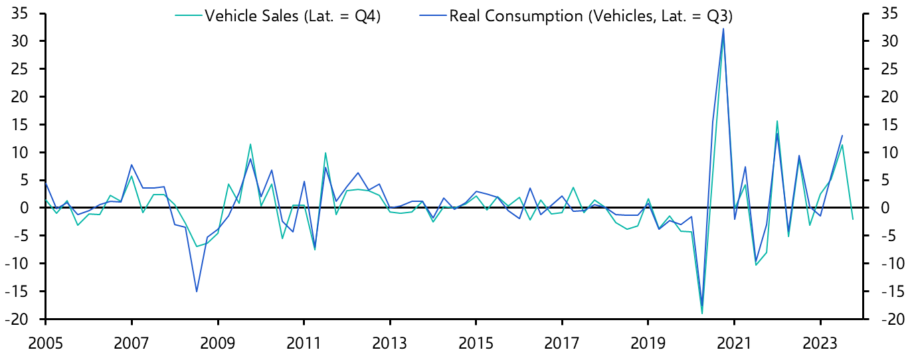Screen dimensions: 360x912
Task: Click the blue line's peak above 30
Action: pos(723,29)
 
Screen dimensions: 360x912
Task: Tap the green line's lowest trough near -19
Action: pos(701,314)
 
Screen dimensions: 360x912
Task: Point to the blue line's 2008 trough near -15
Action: pos(197,291)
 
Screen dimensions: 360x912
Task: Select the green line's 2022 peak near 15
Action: pos(777,122)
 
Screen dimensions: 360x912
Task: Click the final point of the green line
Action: pos(853,219)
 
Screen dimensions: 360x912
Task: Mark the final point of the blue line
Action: pos(842,135)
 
